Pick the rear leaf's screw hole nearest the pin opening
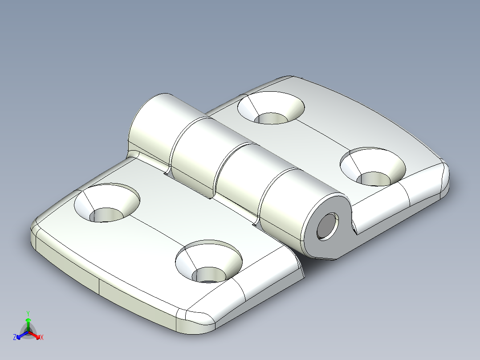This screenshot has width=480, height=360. [373, 167]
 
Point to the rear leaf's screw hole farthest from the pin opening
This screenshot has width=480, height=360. [271, 108]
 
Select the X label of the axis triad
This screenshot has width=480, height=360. [41, 337]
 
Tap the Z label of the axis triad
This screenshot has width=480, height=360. [15, 337]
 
